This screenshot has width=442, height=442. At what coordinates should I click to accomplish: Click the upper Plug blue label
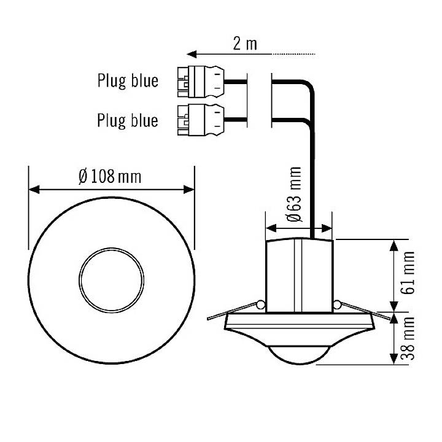click(x=127, y=80)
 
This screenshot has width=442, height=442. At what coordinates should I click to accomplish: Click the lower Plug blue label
click(x=127, y=120)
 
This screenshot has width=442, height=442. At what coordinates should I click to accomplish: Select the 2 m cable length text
click(x=245, y=44)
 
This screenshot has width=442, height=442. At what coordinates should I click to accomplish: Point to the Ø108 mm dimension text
click(x=109, y=177)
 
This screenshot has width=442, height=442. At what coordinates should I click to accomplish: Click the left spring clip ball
click(x=261, y=304)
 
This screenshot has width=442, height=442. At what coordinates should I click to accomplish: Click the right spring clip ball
click(x=337, y=304)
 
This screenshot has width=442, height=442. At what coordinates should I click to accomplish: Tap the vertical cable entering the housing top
click(x=313, y=184)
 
